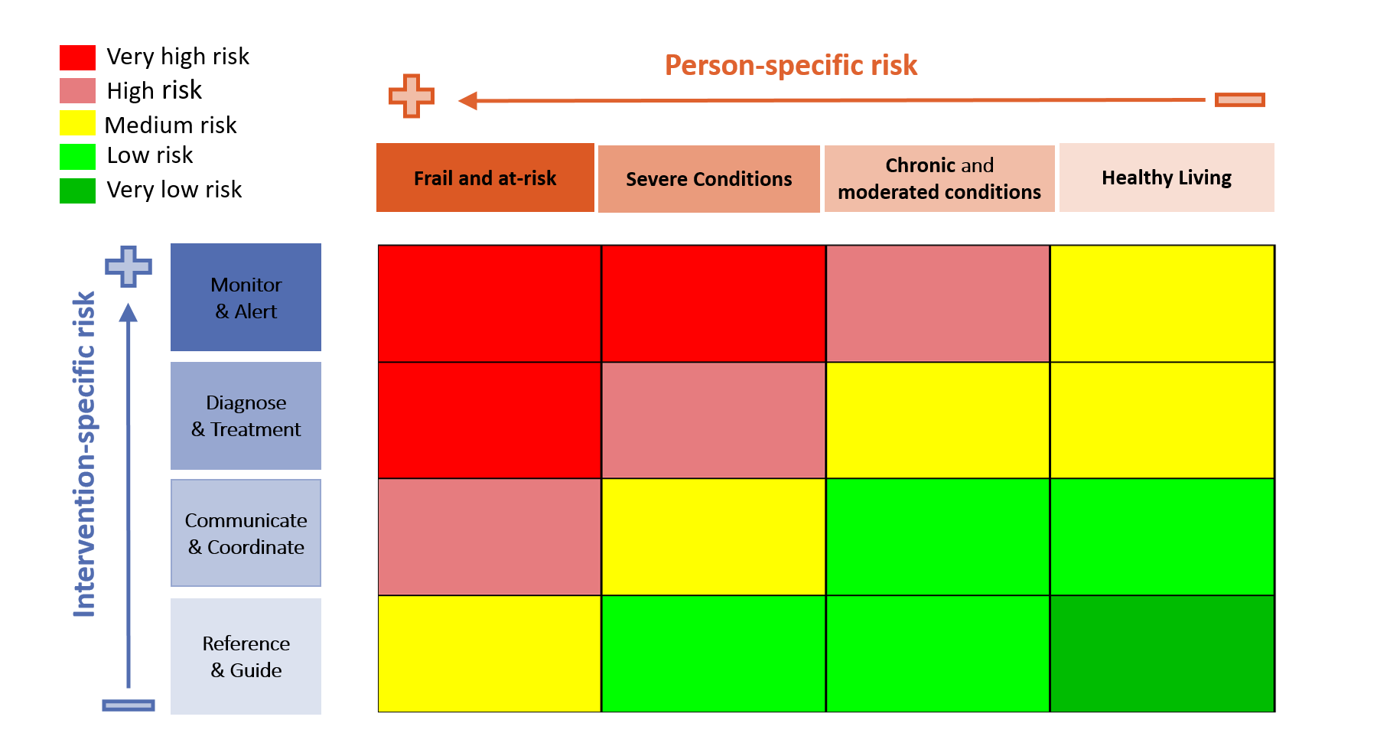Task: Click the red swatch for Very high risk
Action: [x=77, y=57]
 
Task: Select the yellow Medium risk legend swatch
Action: [x=77, y=123]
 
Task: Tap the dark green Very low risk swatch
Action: [x=77, y=191]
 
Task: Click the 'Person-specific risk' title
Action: [x=790, y=66]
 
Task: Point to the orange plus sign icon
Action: [x=412, y=96]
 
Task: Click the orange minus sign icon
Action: [x=1239, y=100]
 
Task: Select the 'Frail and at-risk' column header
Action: [x=485, y=178]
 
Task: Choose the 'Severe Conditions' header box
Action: [x=708, y=179]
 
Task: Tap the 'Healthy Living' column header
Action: [x=1166, y=178]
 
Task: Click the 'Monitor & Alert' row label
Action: [x=246, y=298]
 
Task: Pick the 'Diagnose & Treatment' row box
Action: [x=246, y=415]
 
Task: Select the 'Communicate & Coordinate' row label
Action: [x=246, y=533]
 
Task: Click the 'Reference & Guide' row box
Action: [x=246, y=656]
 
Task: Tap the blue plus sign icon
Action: [x=129, y=266]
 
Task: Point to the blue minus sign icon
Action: [x=129, y=705]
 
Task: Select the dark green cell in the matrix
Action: [x=1162, y=653]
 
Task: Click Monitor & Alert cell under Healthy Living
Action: [x=1162, y=304]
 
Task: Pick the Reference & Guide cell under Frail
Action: [x=490, y=653]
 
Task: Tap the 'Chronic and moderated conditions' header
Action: [x=939, y=178]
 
